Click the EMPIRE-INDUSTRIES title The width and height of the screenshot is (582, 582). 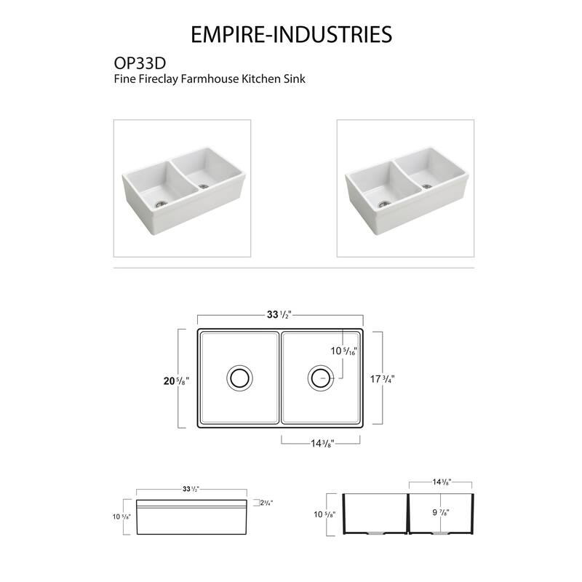291,34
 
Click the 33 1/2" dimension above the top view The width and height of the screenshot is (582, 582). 280,315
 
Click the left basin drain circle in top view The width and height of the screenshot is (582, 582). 238,377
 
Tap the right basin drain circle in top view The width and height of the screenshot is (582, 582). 319,377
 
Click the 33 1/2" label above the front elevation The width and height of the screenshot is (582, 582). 191,489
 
